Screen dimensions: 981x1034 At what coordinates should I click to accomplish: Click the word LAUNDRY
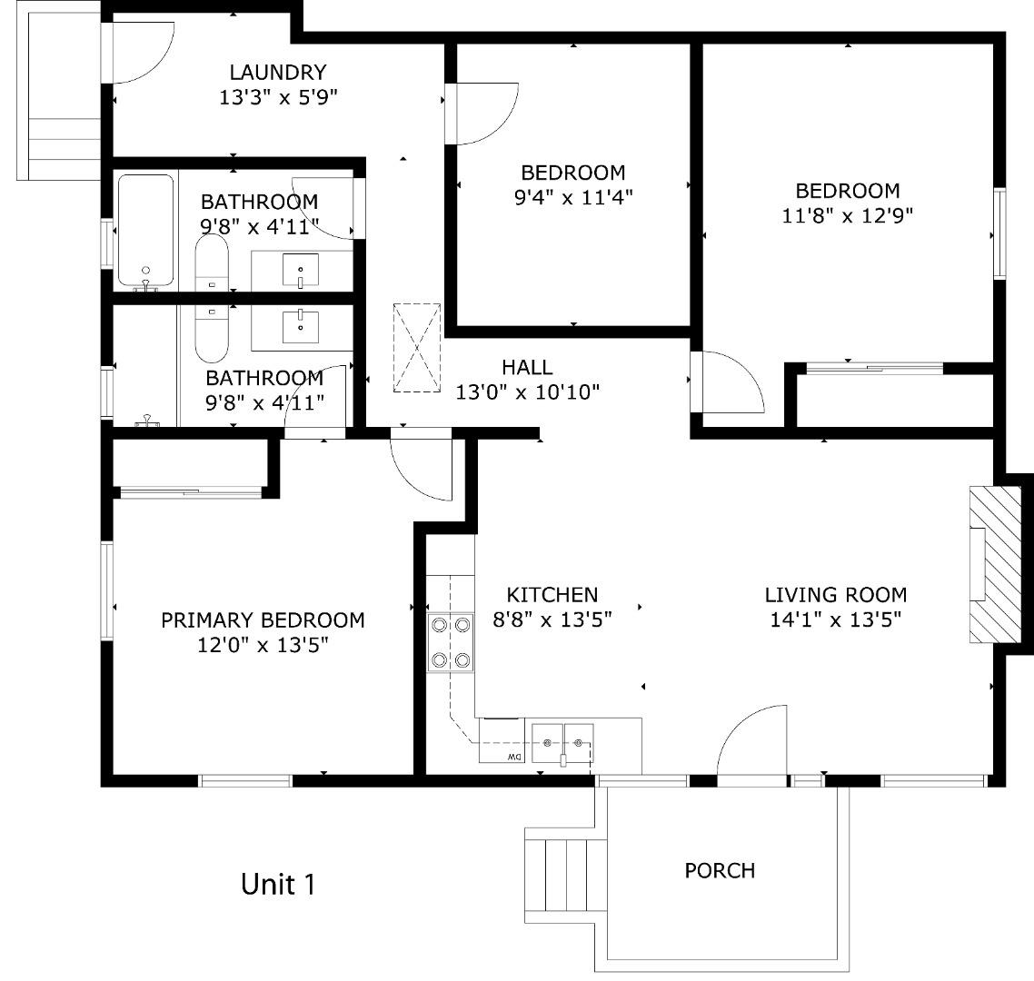277,73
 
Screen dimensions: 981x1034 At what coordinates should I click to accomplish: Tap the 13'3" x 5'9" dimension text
278,98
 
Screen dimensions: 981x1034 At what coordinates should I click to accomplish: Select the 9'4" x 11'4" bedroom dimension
572,197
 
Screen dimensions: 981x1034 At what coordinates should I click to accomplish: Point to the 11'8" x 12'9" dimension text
848,215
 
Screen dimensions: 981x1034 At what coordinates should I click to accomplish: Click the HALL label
527,367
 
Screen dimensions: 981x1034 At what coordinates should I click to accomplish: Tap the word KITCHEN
552,595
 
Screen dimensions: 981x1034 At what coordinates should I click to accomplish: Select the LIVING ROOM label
835,595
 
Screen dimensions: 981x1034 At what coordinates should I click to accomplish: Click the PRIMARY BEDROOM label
263,620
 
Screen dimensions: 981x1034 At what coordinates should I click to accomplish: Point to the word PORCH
720,870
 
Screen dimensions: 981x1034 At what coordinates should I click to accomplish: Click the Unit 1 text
278,883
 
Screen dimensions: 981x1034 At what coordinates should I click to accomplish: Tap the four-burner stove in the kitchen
451,642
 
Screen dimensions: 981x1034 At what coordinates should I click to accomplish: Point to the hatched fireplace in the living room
989,564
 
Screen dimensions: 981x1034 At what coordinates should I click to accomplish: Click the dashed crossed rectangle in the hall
417,348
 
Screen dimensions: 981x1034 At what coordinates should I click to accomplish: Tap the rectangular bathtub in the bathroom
145,231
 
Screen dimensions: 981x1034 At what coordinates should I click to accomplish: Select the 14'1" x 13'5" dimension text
835,620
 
